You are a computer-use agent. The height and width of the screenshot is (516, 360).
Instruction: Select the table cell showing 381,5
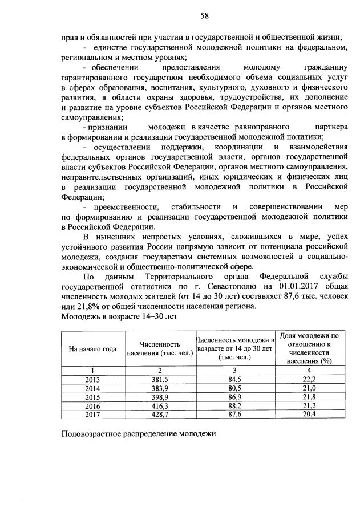tap(160, 379)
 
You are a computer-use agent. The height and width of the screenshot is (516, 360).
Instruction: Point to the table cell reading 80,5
tap(235, 387)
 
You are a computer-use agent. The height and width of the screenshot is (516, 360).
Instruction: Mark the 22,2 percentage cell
tap(310, 379)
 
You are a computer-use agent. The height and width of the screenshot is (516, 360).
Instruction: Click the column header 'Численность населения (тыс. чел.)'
tap(160, 349)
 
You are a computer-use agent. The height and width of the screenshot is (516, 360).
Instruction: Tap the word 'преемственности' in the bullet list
tap(118, 206)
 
